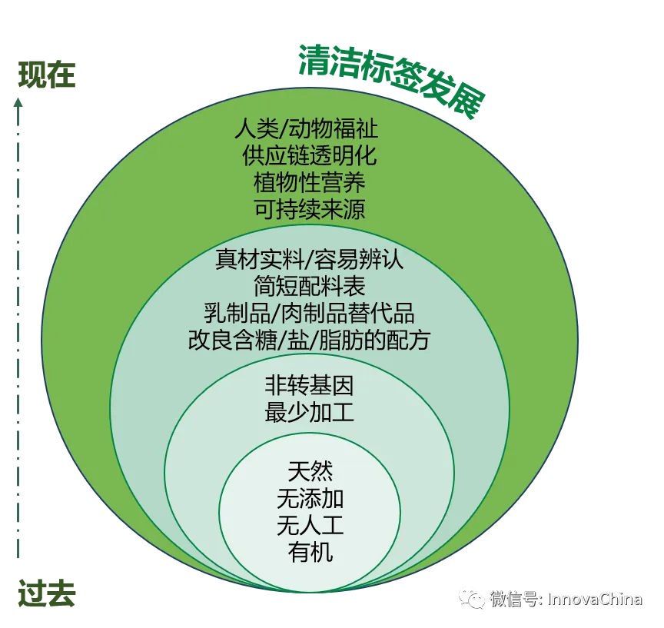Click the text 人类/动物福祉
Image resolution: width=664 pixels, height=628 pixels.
307,128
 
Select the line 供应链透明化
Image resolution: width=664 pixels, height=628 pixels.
309,155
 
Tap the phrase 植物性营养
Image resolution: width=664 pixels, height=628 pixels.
309,182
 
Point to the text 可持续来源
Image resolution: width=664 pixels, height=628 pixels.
309,209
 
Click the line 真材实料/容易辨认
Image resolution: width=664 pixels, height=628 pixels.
309,260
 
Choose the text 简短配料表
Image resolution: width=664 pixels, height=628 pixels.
309,287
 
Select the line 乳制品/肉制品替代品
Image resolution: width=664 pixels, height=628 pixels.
309,313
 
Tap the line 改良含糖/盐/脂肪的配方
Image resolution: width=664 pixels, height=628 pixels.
309,340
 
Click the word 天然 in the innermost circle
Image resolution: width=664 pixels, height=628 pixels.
310,470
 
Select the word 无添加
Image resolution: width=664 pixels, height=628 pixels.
310,498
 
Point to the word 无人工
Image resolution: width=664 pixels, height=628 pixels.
310,525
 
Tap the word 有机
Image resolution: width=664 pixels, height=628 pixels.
310,552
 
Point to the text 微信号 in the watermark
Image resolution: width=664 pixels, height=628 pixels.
515,599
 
